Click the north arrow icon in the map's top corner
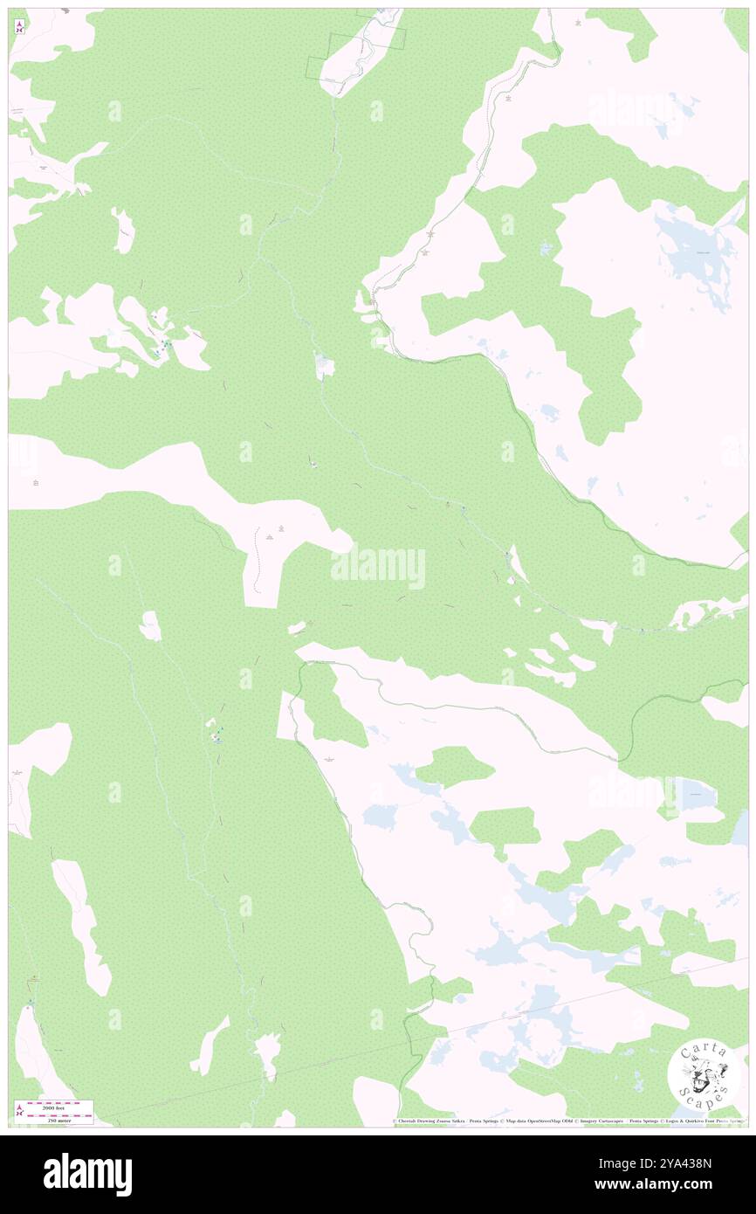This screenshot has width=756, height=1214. pos(19,27)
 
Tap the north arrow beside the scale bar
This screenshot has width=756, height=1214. pos(19,1111)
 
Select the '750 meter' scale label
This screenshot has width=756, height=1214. pos(60,1121)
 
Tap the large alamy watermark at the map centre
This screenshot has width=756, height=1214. pos(378,569)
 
